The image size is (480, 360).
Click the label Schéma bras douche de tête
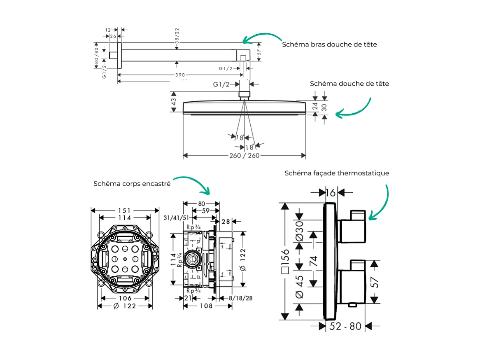[329, 44]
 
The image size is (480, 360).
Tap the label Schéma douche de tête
[349, 83]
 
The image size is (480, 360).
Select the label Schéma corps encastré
[132, 184]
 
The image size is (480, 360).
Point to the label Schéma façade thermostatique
[336, 173]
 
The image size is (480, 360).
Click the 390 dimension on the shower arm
[179, 75]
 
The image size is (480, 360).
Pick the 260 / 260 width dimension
[245, 155]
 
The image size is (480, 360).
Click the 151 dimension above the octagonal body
[125, 210]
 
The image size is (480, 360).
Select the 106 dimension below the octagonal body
[125, 298]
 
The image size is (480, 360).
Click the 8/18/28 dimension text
[240, 298]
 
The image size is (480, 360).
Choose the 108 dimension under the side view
[206, 306]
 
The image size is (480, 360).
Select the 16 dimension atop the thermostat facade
[330, 192]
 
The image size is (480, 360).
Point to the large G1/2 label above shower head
[221, 84]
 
